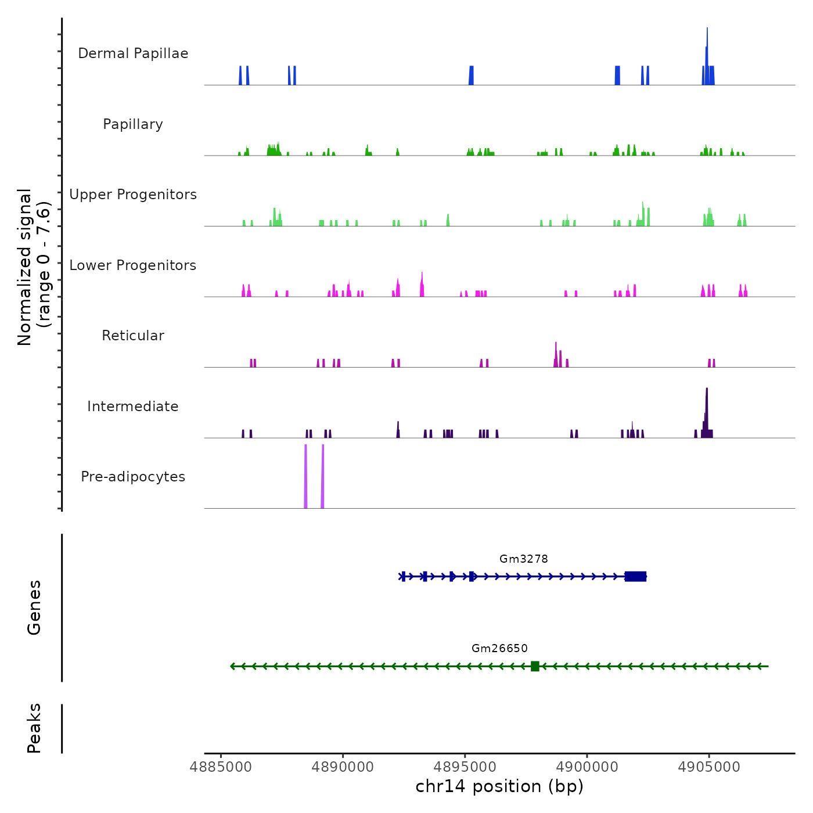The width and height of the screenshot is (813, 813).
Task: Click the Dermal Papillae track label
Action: coord(133,53)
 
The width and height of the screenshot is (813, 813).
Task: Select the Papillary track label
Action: coord(133,124)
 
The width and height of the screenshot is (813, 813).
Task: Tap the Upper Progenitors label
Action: coord(133,195)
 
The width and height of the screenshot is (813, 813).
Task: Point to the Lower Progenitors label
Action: coord(133,265)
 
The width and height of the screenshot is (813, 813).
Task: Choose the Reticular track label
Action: coord(133,336)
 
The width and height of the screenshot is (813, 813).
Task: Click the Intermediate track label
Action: coord(133,406)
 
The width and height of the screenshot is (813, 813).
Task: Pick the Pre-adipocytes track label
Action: coord(133,477)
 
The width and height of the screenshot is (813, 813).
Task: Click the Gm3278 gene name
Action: coord(523,559)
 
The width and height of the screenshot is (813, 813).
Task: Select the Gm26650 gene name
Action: coord(499,649)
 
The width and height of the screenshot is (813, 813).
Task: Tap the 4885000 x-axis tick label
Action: coord(221,767)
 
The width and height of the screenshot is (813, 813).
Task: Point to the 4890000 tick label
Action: coord(343,767)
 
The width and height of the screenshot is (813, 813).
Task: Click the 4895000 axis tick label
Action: coord(465,767)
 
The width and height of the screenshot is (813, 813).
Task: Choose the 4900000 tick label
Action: coord(587,767)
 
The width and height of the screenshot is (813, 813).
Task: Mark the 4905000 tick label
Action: coord(709,767)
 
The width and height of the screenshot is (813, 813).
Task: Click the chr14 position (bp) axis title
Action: coord(499,787)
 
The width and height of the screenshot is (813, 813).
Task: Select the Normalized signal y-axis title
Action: coord(34,267)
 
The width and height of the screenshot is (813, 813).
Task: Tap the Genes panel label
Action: coord(34,607)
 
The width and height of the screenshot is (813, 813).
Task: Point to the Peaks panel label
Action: coord(34,728)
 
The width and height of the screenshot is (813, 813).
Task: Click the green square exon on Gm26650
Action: coord(535,666)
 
